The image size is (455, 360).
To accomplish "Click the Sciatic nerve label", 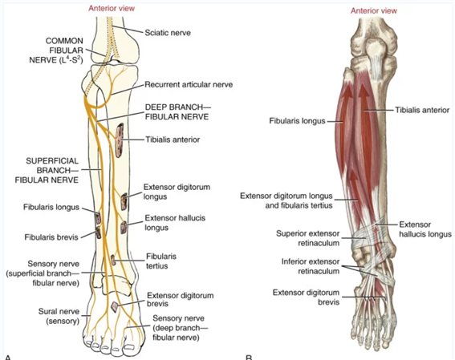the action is point(168,33).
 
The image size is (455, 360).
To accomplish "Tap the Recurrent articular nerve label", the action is point(189,85).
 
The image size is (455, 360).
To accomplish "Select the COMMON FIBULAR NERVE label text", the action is point(56,51).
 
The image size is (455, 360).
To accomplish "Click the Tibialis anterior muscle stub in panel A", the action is point(120,140).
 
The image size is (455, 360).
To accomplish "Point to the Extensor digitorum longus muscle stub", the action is point(124,201).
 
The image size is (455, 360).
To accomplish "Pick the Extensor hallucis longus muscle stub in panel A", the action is point(124,228).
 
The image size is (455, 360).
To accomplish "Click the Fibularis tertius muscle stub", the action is point(113,260).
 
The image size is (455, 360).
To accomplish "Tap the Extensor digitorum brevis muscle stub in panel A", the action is point(115,307).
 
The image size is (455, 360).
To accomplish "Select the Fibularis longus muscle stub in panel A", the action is point(98,218).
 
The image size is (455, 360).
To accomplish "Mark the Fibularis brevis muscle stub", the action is point(99,233).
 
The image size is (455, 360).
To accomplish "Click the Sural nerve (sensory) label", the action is point(59,316).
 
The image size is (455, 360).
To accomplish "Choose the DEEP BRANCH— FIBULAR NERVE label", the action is point(177,112).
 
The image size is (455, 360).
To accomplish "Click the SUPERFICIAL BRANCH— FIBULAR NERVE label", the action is point(47,171).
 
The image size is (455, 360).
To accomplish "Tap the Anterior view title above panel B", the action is point(374,11).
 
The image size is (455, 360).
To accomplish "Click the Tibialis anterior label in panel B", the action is point(422,110).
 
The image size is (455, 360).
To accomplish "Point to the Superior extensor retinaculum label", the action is point(308,238).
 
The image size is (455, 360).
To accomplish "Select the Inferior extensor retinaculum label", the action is point(311,266).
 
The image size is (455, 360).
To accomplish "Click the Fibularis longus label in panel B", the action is point(297,121).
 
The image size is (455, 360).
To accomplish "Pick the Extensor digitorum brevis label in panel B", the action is point(306,297).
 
